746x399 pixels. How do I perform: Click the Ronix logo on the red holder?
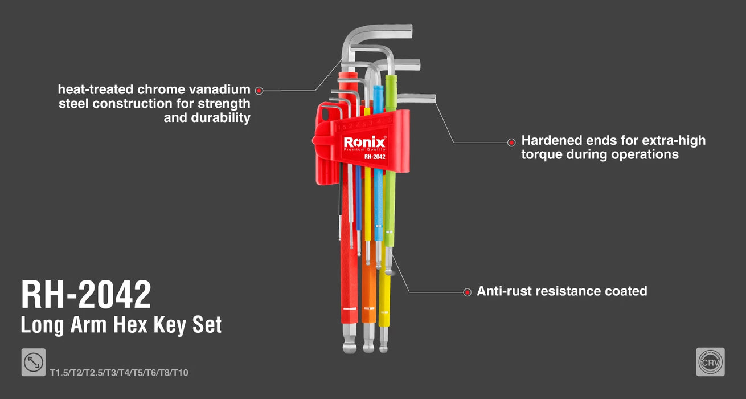point(364,142)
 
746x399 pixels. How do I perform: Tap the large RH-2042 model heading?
point(86,295)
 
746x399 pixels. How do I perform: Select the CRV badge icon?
point(710,362)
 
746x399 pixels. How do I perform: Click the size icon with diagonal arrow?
point(34,363)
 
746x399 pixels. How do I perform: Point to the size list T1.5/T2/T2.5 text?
point(118,373)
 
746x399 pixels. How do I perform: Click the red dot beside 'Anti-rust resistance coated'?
point(467,291)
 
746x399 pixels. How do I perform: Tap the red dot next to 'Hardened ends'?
point(511,141)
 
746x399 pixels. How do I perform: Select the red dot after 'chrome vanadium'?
point(259,90)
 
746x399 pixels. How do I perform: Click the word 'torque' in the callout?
point(541,154)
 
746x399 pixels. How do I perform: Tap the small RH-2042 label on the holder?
point(375,157)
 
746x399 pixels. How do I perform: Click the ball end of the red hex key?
point(348,347)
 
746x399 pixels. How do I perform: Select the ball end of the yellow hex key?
point(383,347)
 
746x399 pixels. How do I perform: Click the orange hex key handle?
point(368,296)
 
